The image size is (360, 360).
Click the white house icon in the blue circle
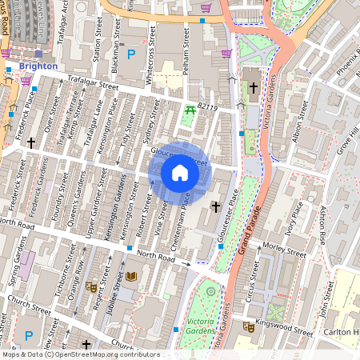click(180, 172)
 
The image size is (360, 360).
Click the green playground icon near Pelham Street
click(190, 110)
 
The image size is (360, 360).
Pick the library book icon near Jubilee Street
click(131, 277)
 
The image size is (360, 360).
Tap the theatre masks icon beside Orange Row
click(92, 284)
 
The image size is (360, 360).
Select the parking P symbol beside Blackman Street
click(131, 55)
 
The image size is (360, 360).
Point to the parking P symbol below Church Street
click(30, 336)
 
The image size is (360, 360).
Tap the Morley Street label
click(286, 251)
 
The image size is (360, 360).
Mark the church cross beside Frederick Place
click(31, 142)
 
